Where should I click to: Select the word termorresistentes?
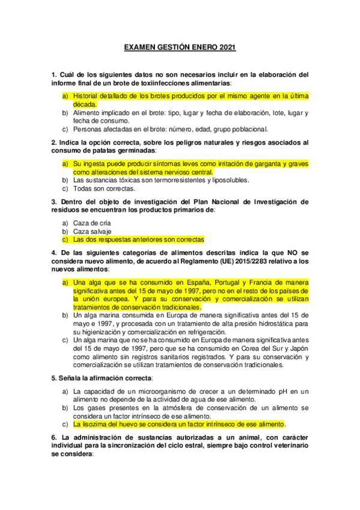tap(165, 180)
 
